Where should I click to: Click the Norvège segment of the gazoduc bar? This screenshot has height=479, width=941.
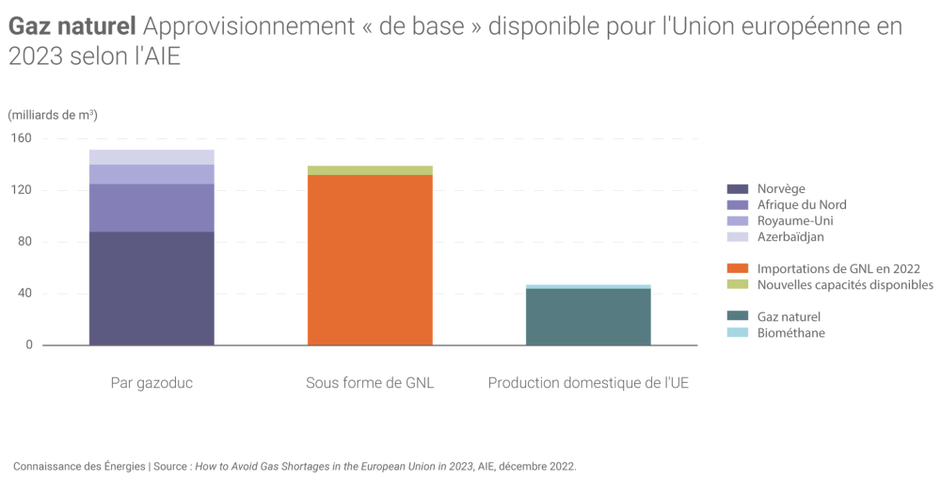coord(152,288)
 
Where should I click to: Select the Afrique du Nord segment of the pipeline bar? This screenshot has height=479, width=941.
coord(152,207)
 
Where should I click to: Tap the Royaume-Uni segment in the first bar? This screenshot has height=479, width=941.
coord(152,174)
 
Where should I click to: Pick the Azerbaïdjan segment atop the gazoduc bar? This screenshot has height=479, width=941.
coord(152,157)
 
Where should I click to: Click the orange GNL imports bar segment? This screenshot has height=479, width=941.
coord(370,260)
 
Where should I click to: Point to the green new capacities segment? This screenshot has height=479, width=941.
coord(370,170)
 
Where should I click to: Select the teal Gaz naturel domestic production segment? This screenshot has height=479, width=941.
coord(588,317)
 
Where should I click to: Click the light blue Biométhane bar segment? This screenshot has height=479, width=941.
coord(588,286)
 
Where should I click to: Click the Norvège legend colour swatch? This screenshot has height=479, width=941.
coord(738,189)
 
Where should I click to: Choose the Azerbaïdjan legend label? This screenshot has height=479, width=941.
coord(790,237)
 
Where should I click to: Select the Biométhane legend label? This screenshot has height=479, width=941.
coord(790,332)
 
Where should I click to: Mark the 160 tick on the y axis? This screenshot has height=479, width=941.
coord(23,138)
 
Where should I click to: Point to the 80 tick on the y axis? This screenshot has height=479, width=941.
coord(25,242)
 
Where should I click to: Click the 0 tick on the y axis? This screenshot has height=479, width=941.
coord(28,345)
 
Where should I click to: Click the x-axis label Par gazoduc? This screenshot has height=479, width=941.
coord(152,384)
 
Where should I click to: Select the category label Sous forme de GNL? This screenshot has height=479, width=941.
coord(370,384)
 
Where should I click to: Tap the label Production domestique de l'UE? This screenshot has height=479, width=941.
coord(588,384)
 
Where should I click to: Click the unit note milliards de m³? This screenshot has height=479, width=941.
coord(53,115)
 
